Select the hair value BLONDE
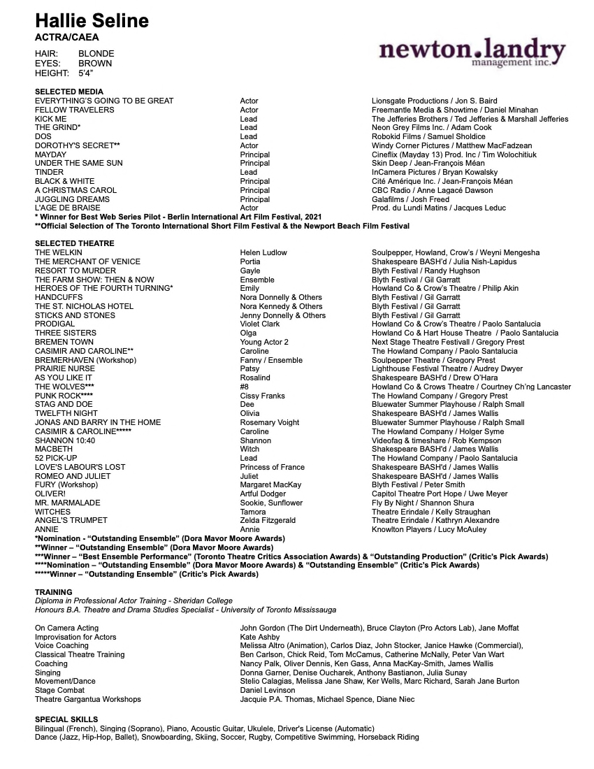pos(96,54)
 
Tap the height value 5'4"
pos(86,73)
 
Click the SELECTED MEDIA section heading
pos(69,92)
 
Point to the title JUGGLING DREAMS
pos(72,199)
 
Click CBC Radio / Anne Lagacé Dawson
pos(442,190)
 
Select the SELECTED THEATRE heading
pos(75,243)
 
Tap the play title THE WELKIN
pos(59,252)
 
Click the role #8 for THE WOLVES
pos(244,387)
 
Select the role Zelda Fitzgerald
pos(268,520)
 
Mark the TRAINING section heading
pos(54,592)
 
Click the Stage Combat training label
pos(60,690)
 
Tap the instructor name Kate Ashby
pos(259,637)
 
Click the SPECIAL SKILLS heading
pos(66,719)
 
